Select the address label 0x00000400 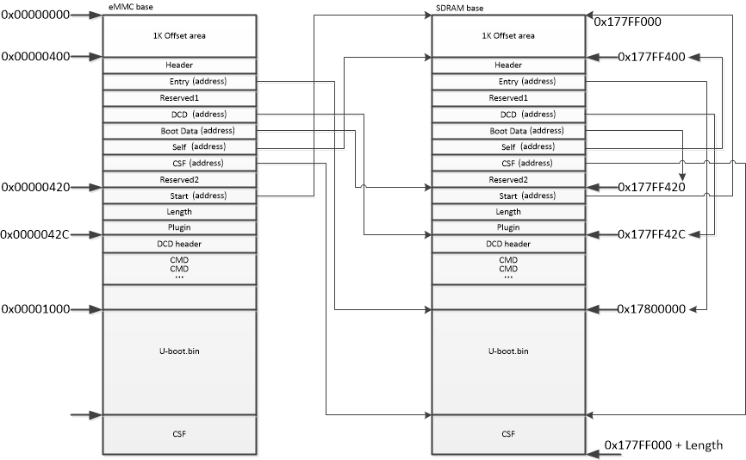tap(35, 57)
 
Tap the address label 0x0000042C tap(35, 234)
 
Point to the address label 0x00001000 tap(35, 308)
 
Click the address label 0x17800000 tap(651, 308)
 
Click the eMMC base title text tap(125, 8)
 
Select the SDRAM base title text tap(453, 8)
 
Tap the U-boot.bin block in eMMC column tap(179, 351)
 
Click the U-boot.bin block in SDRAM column tap(508, 351)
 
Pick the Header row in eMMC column tap(179, 65)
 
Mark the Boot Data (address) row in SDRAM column tap(508, 131)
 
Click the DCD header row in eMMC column tap(179, 244)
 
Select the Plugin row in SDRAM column tap(508, 227)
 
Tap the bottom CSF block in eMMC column tap(179, 433)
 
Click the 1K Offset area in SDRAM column tap(508, 35)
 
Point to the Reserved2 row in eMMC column tap(179, 179)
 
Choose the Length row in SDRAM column tap(508, 212)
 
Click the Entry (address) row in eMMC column tap(179, 82)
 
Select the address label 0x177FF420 tap(651, 187)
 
